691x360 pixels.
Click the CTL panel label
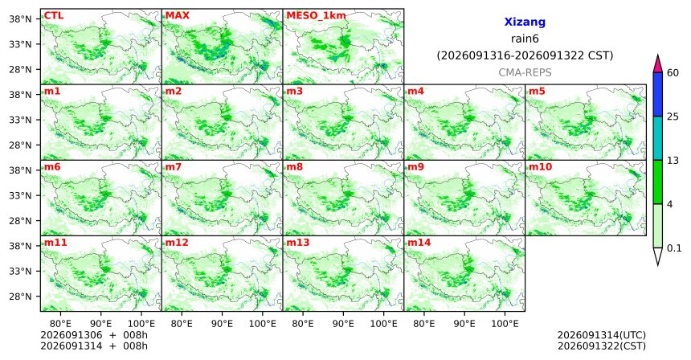[54, 16]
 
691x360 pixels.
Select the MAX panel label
[177, 16]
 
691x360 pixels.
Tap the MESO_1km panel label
[316, 16]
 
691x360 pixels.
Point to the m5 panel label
[537, 92]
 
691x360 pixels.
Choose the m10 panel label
[540, 167]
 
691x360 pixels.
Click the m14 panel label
[419, 243]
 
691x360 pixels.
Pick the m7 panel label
[174, 167]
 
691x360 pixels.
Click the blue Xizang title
[525, 22]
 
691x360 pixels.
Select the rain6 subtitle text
[525, 39]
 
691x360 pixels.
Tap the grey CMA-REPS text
[525, 72]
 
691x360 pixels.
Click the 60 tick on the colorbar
[673, 73]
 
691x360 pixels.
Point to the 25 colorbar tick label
[673, 117]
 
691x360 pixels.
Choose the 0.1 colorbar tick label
[674, 248]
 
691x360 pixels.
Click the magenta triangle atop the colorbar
[658, 64]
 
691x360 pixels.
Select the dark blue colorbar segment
[658, 94]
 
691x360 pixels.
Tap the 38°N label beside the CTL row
[21, 19]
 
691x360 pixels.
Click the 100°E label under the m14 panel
[505, 324]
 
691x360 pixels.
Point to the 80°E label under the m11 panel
[60, 324]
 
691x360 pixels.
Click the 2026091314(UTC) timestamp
[602, 336]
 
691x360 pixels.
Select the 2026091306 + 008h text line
[94, 336]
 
